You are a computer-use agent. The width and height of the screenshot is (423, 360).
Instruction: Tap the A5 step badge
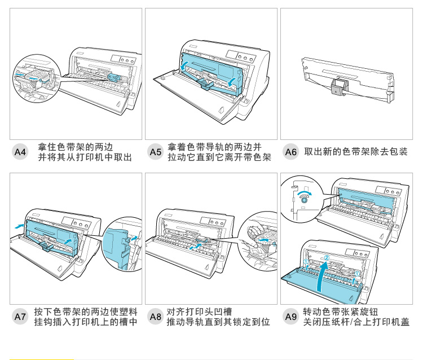coord(155,152)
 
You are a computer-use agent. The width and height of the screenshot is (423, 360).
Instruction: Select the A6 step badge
coord(290,152)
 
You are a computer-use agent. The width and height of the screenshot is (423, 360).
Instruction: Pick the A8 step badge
coord(155,317)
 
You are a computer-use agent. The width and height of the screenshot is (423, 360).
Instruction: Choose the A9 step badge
coord(290,317)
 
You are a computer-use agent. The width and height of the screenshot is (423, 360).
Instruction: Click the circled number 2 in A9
coord(326,259)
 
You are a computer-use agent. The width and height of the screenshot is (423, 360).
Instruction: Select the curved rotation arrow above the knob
coord(305,191)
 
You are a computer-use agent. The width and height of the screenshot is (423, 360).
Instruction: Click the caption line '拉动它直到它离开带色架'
coord(219,157)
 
